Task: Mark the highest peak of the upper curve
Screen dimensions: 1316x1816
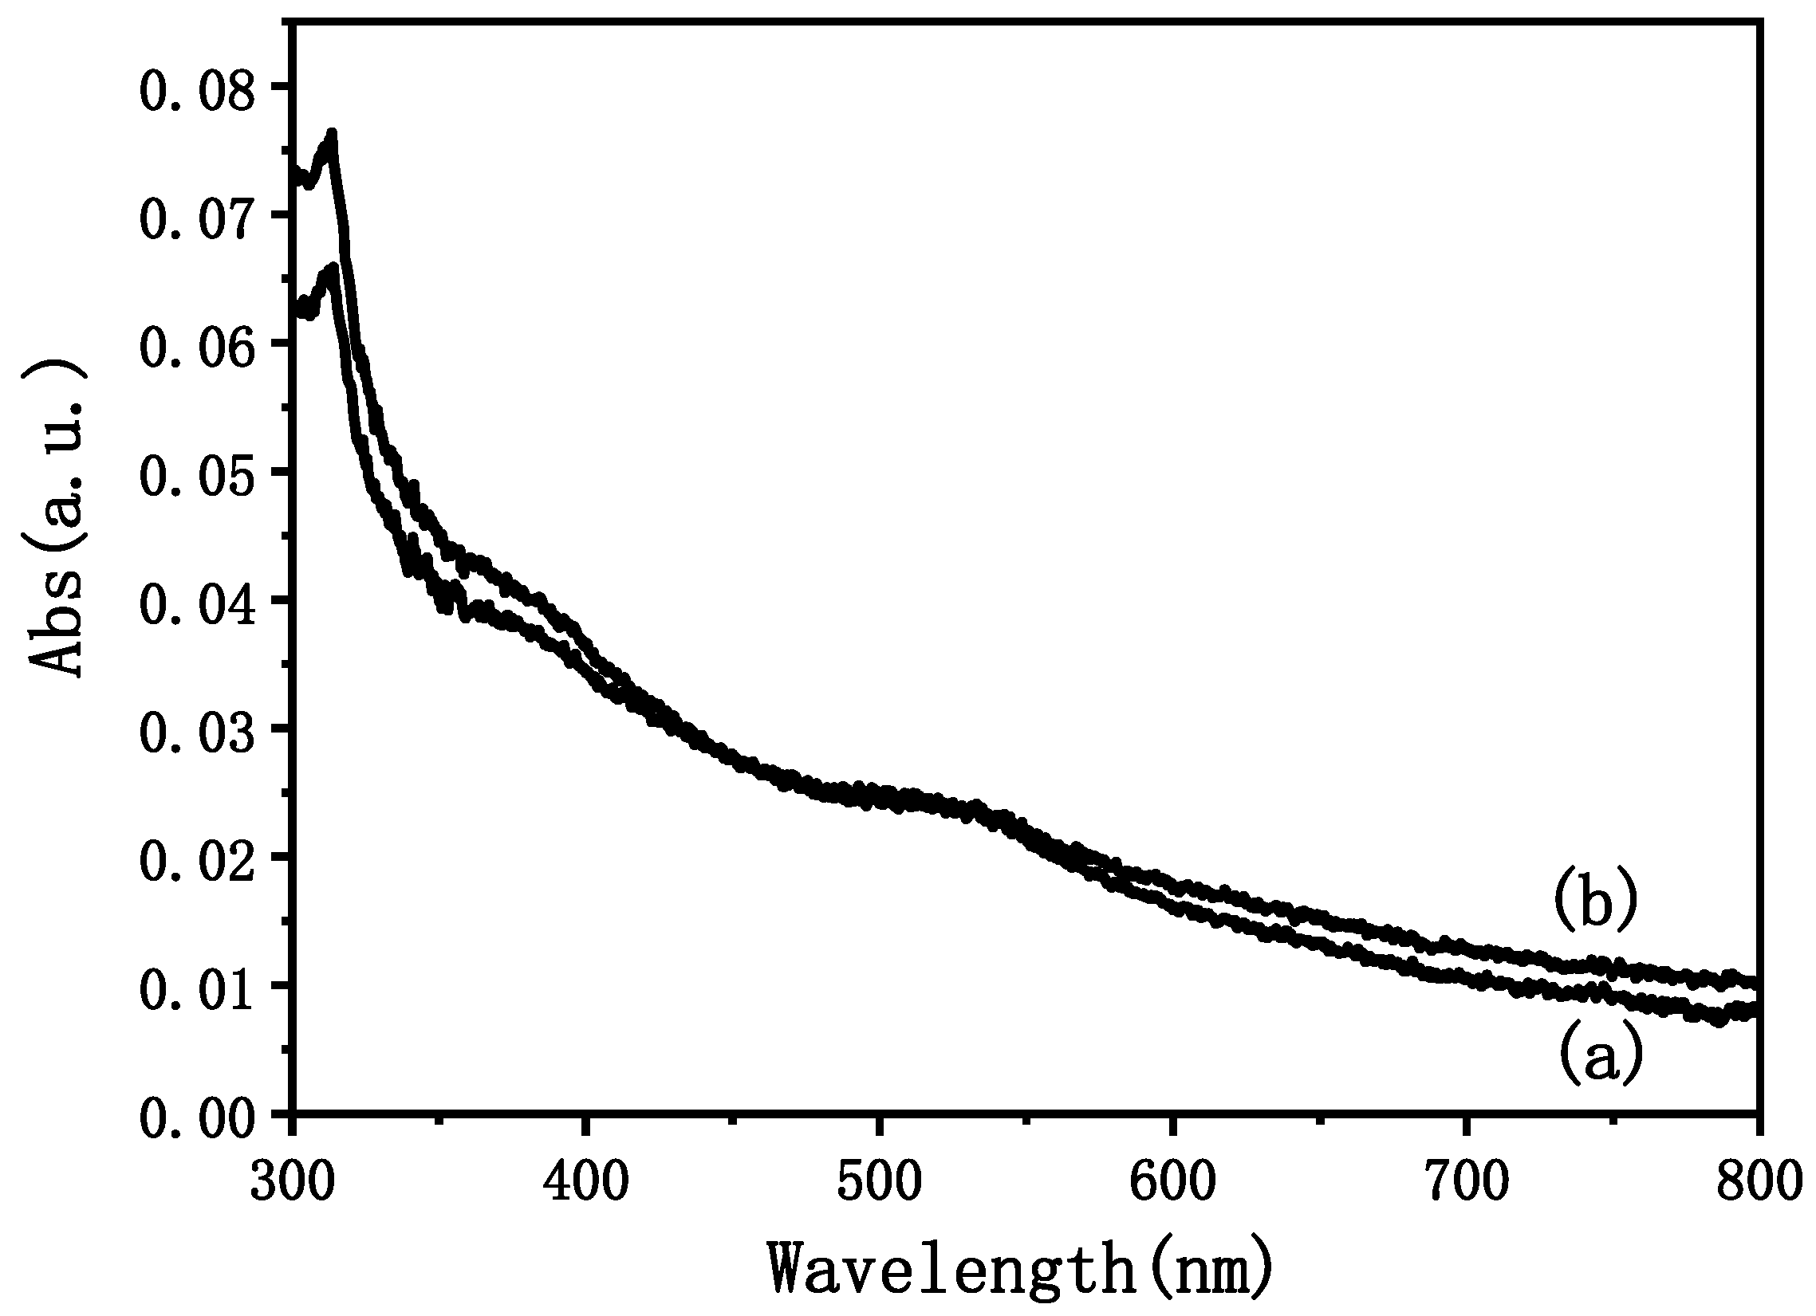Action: pyautogui.click(x=332, y=133)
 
